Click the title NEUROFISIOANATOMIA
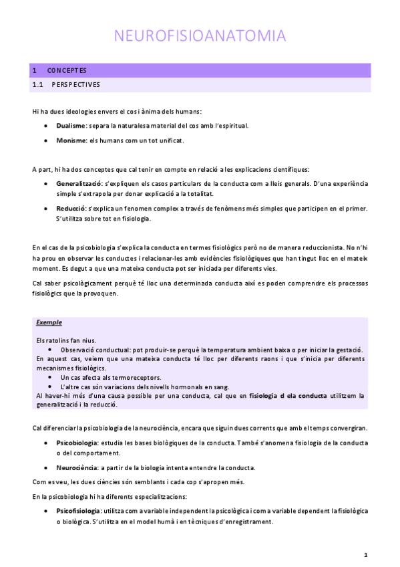coord(200,35)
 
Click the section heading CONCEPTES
coord(67,70)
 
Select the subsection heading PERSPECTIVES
coord(75,85)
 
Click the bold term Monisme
coord(71,140)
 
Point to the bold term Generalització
coord(79,183)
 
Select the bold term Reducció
coord(71,209)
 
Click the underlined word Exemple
coord(49,323)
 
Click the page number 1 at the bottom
coord(365,554)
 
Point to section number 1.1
coord(37,85)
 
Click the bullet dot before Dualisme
coord(45,125)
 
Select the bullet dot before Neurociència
coord(45,467)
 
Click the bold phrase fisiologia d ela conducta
coord(288,396)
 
